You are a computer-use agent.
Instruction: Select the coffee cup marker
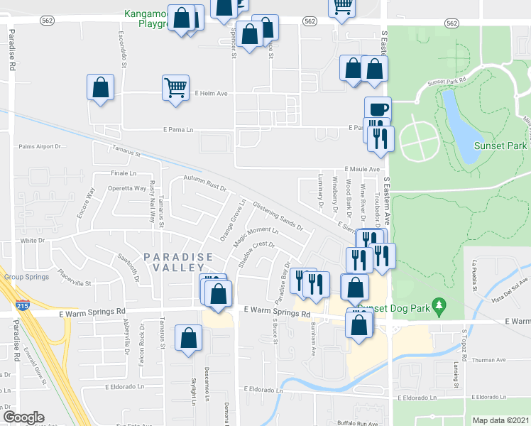pos(378,109)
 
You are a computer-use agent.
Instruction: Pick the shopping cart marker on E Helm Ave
pos(175,87)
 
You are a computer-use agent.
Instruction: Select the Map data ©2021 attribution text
pos(500,420)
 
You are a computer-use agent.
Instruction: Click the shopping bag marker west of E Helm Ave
pos(100,87)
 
